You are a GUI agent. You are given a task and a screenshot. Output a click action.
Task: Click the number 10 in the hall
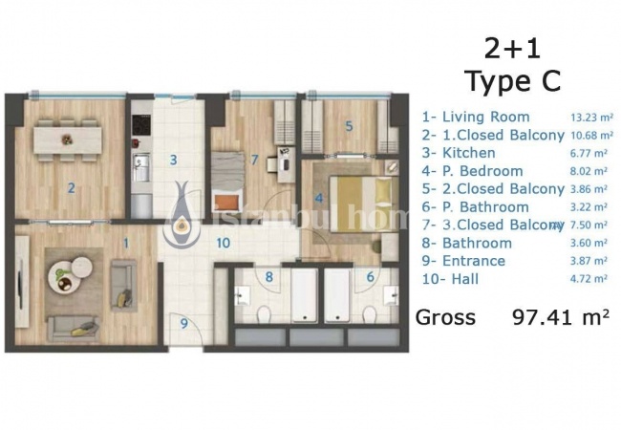pyautogui.click(x=224, y=243)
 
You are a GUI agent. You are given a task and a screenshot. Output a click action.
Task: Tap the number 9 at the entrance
pyautogui.click(x=184, y=324)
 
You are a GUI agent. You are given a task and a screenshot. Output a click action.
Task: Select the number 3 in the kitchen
pyautogui.click(x=174, y=160)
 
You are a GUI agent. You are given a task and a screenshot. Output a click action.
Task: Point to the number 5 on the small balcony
pyautogui.click(x=349, y=126)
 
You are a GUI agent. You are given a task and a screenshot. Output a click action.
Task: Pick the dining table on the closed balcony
pyautogui.click(x=67, y=140)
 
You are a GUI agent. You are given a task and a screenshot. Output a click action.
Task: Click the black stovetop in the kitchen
pyautogui.click(x=141, y=124)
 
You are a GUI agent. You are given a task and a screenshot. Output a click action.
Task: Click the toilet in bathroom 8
pyautogui.click(x=263, y=316)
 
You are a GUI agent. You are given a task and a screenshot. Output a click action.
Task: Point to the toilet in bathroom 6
pyautogui.click(x=370, y=315)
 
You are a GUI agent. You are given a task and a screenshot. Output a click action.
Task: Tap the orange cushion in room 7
pyautogui.click(x=226, y=203)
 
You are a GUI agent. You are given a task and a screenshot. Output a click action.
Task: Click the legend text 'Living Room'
pyautogui.click(x=486, y=117)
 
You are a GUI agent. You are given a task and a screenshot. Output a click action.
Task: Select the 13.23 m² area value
pyautogui.click(x=591, y=117)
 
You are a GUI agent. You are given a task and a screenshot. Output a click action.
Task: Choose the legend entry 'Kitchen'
pyautogui.click(x=468, y=153)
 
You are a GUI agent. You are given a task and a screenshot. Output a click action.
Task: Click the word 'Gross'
pyautogui.click(x=445, y=317)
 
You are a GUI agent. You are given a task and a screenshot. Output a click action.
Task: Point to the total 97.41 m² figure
pyautogui.click(x=561, y=316)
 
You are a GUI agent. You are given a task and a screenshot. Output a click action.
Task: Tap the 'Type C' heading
pyautogui.click(x=514, y=81)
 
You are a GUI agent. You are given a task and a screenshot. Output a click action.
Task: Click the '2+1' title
pyautogui.click(x=512, y=49)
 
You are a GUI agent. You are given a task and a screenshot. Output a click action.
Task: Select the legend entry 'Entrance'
pyautogui.click(x=474, y=261)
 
